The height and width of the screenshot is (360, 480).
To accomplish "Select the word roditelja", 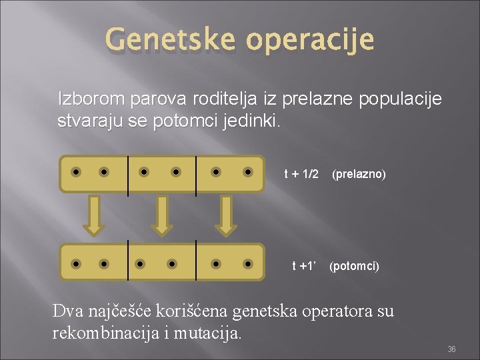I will (224, 100).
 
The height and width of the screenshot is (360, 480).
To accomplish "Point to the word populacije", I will (400, 101).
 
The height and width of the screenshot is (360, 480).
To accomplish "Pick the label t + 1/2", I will (301, 174).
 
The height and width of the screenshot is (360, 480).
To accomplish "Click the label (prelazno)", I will (359, 174).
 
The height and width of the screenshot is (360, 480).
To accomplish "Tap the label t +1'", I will (304, 266).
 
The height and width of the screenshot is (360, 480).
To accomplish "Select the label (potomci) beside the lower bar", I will (355, 266).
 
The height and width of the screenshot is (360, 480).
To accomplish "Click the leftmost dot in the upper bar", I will (77, 172).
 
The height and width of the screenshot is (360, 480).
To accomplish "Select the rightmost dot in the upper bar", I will (248, 172).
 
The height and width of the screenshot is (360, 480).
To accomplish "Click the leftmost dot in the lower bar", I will (77, 264).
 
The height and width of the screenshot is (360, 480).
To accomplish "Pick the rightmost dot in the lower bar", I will (248, 264).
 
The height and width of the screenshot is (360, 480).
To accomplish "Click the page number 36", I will (451, 349).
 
